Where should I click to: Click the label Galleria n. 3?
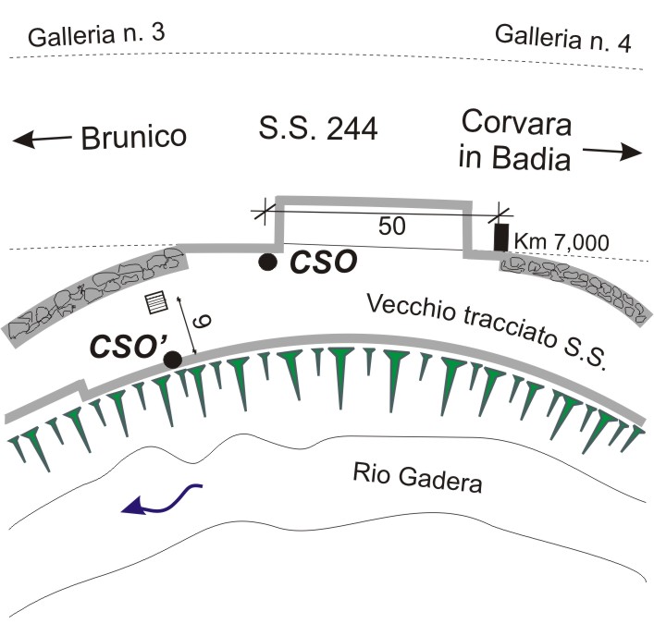click(96, 34)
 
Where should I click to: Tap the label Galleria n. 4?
click(563, 38)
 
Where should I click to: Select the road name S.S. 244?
click(318, 128)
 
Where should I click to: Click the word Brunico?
click(133, 137)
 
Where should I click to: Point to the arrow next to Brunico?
click(42, 139)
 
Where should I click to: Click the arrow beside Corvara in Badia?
click(612, 152)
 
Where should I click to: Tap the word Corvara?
click(516, 123)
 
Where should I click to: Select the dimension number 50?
click(391, 226)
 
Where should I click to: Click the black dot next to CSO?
click(267, 262)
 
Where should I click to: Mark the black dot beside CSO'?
click(173, 360)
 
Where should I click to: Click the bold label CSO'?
click(129, 346)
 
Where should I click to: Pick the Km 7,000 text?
click(561, 241)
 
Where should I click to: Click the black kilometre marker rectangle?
click(501, 238)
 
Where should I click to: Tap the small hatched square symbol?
click(156, 302)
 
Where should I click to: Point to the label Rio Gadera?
click(417, 478)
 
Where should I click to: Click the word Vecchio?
click(411, 310)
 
